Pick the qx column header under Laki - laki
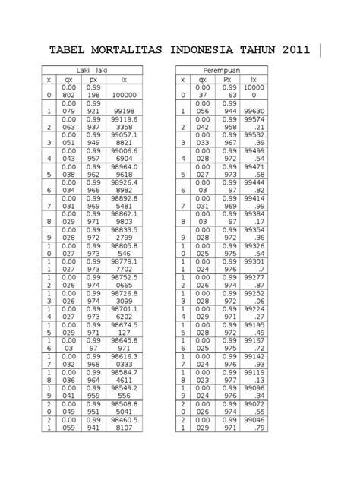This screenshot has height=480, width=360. click(69, 79)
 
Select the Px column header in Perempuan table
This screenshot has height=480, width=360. click(226, 79)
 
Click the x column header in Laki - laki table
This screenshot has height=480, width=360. click(47, 79)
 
